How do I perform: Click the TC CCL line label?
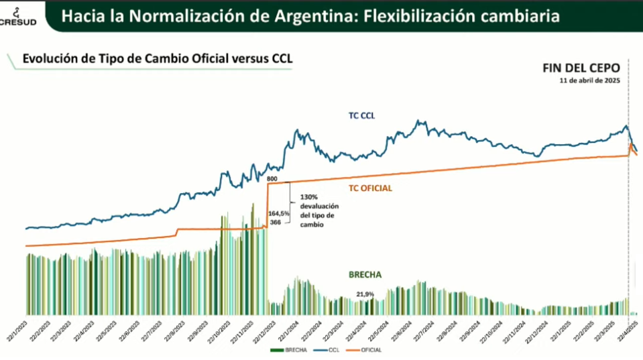pyautogui.click(x=361, y=115)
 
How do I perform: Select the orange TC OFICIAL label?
pyautogui.click(x=370, y=188)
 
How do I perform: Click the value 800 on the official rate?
pyautogui.click(x=272, y=180)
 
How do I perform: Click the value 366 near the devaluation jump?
pyautogui.click(x=275, y=222)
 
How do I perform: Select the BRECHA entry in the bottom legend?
pyautogui.click(x=284, y=350)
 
